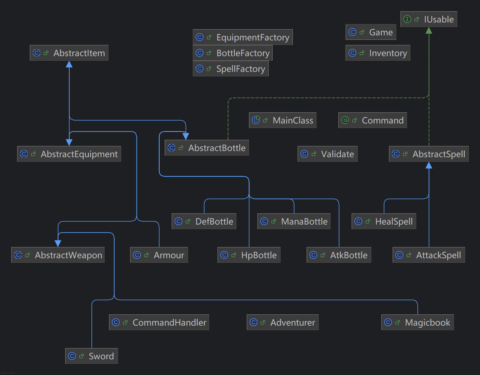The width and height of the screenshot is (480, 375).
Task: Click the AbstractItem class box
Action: (69, 53)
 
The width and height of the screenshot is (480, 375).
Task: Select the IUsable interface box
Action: (429, 19)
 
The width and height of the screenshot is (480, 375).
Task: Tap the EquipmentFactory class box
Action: (243, 37)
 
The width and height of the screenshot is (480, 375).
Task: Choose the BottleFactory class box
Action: (232, 53)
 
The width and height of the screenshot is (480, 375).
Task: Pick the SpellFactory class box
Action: (230, 68)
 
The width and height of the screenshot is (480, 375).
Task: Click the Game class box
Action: (371, 32)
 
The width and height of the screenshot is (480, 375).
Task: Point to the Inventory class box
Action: (378, 53)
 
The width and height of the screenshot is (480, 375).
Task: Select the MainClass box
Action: (282, 120)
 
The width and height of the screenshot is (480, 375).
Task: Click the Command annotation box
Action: (372, 120)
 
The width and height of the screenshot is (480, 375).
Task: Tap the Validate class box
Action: (327, 154)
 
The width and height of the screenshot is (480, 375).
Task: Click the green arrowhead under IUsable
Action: (429, 30)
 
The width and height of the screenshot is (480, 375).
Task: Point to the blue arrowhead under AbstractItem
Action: (69, 64)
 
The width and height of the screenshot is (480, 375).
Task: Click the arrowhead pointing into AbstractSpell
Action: (429, 165)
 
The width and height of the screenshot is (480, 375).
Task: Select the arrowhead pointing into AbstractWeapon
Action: (58, 243)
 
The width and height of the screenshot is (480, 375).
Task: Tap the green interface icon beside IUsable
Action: (407, 19)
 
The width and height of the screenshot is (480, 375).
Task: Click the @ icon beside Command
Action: (345, 120)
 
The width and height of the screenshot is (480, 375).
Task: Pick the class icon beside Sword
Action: (72, 356)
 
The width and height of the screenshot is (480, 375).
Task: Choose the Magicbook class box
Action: (417, 322)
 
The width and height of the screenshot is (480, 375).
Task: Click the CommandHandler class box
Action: (159, 322)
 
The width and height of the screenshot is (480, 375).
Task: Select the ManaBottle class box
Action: (294, 221)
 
